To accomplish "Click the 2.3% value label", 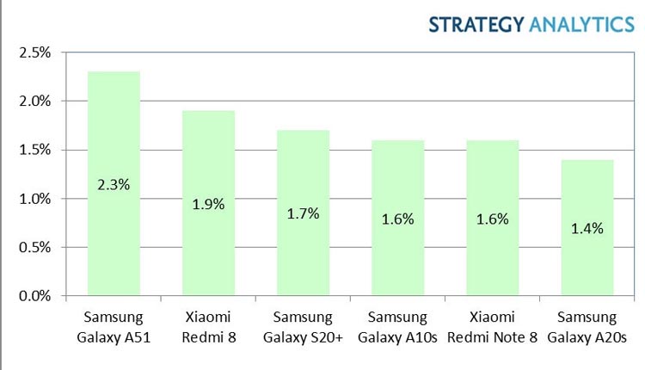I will pos(114,184).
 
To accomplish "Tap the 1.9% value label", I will pos(208,204).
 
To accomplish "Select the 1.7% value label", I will pos(303,213).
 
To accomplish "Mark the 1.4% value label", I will pos(587,228).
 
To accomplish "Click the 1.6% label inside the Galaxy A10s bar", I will pos(397,219).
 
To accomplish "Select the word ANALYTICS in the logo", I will pos(581,23).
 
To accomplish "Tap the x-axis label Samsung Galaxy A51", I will pos(114,326).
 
